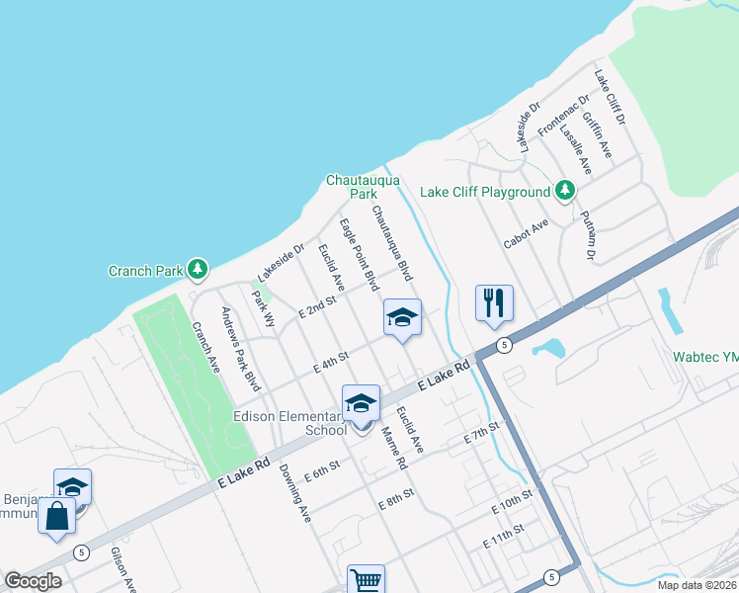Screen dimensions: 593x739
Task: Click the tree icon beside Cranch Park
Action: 198,269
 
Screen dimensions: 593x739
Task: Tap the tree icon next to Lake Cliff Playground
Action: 564,190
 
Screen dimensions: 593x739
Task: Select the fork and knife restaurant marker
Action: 494,302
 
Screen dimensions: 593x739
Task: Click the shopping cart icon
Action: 366,579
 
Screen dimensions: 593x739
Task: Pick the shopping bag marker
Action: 57,515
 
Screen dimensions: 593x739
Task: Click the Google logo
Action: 33,580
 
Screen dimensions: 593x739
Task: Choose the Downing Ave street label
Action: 294,493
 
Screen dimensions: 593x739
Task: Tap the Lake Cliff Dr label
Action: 610,97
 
